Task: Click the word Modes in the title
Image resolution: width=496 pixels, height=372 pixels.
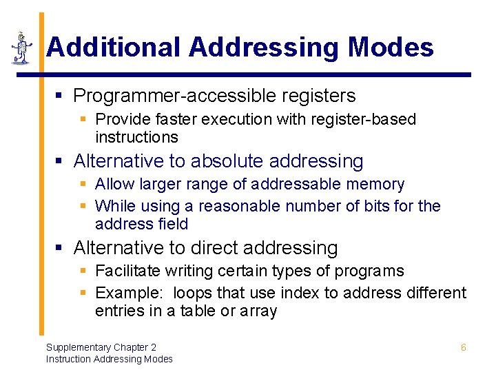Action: click(x=391, y=48)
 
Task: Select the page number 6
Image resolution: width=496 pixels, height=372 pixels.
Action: click(x=463, y=348)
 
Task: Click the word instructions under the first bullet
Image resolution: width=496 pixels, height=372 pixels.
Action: click(x=136, y=137)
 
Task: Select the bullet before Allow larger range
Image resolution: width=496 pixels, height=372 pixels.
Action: click(x=83, y=185)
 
